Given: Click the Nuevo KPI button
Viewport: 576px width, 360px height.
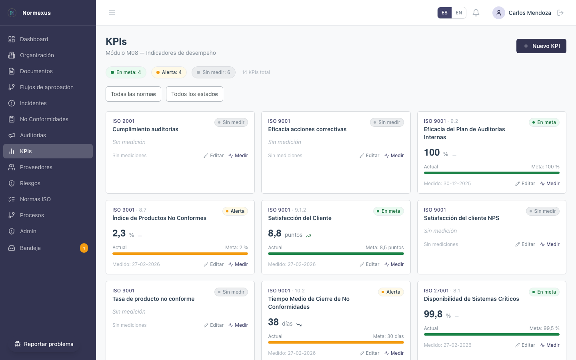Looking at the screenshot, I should tap(541, 46).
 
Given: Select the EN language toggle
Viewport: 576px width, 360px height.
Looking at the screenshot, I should tap(459, 13).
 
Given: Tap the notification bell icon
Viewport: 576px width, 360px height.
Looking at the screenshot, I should tap(476, 13).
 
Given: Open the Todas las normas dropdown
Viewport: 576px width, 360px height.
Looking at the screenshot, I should tap(133, 94).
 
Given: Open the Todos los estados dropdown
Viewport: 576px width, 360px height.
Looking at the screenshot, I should tap(194, 94).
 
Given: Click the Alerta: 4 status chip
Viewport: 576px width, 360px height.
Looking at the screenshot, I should tap(169, 72).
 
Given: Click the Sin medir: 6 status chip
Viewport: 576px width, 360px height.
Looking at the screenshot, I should tap(214, 72).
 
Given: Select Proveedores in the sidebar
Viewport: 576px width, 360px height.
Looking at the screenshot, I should tap(36, 167).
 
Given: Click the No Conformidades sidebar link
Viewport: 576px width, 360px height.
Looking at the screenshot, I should tap(44, 119).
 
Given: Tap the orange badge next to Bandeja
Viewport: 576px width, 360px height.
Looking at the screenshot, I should tap(84, 248).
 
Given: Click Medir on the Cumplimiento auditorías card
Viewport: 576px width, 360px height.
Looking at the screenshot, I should tap(238, 156).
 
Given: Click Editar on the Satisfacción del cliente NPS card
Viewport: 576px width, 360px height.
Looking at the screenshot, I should tap(525, 244).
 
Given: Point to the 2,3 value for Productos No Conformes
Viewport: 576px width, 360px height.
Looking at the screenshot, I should tap(119, 233).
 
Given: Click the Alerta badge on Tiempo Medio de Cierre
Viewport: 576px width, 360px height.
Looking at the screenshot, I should tap(390, 292).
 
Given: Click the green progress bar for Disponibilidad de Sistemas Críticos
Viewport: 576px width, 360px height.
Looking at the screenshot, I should tap(492, 334).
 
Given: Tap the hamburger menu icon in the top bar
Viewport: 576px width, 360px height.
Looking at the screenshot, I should tap(112, 13).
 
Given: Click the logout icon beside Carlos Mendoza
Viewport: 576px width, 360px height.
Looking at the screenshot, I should tap(560, 13).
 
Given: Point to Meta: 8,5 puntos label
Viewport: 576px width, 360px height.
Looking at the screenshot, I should tap(384, 248).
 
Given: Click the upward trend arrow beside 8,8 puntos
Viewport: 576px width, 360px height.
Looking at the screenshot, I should tap(308, 236).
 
